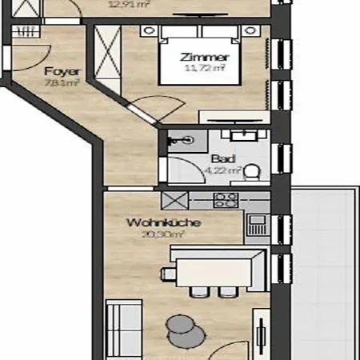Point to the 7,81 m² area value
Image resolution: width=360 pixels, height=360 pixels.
(x=60, y=82)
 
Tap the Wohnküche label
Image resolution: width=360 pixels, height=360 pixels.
(x=151, y=223)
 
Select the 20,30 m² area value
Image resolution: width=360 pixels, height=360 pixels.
(x=151, y=235)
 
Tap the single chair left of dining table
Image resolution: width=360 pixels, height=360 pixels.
(x=169, y=274)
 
